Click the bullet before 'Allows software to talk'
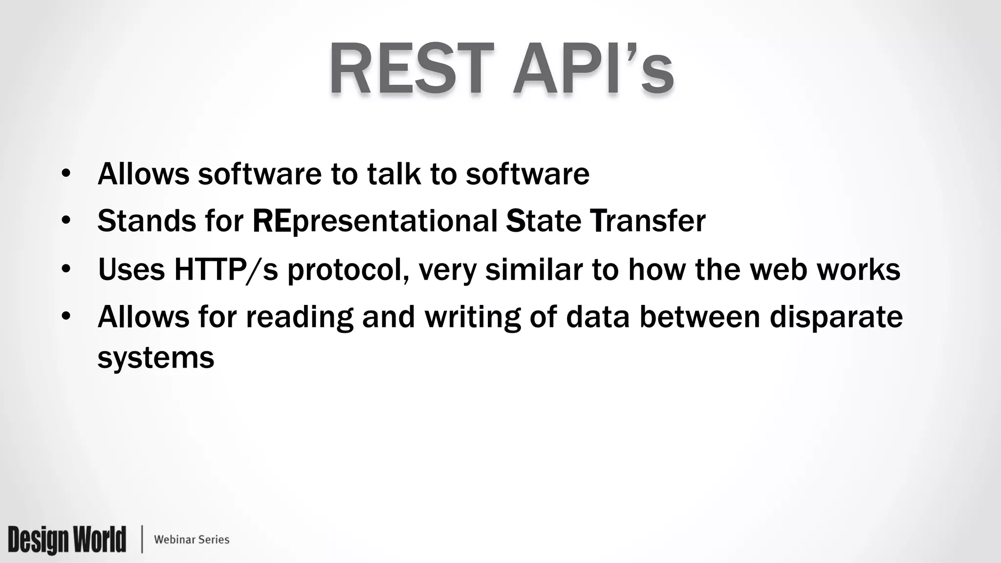[x=66, y=174]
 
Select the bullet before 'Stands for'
[x=66, y=221]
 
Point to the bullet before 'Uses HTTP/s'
[x=66, y=269]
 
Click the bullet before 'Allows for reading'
[x=66, y=317]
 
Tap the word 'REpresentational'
[x=375, y=221]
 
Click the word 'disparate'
[x=836, y=317]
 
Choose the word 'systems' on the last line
[x=156, y=358]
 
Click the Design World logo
[x=67, y=540]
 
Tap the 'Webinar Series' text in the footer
[x=192, y=540]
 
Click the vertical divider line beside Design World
[x=142, y=540]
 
